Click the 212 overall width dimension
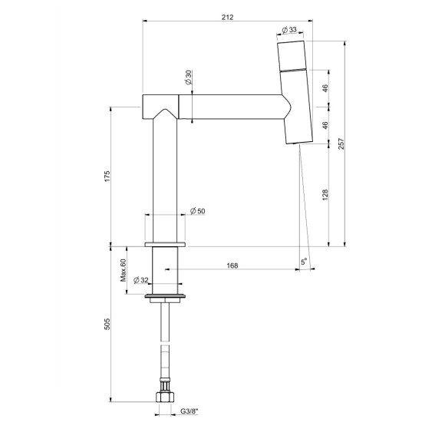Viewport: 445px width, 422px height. pyautogui.click(x=227, y=17)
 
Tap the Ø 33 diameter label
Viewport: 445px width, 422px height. pyautogui.click(x=289, y=29)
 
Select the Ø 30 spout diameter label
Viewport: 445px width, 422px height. pyautogui.click(x=189, y=77)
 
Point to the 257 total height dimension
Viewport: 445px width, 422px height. pyautogui.click(x=341, y=143)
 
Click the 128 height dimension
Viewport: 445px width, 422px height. pyautogui.click(x=325, y=195)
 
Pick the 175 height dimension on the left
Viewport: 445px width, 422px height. pyautogui.click(x=107, y=176)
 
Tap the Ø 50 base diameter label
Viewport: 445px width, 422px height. pyautogui.click(x=197, y=211)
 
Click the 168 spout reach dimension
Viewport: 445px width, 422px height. pyautogui.click(x=232, y=265)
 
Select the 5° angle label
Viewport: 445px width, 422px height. pyautogui.click(x=304, y=262)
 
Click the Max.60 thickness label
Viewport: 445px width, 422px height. pyautogui.click(x=123, y=270)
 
